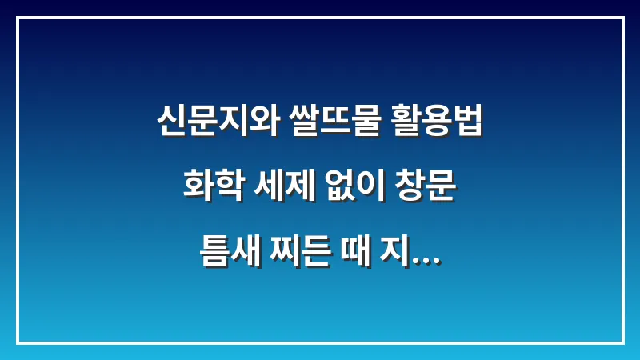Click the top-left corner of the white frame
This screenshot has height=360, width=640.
coord(18,18)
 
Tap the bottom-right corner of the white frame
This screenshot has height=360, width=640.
coord(622,342)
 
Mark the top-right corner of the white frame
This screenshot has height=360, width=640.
coord(622,18)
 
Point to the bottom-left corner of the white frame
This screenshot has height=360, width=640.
coord(18,342)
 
